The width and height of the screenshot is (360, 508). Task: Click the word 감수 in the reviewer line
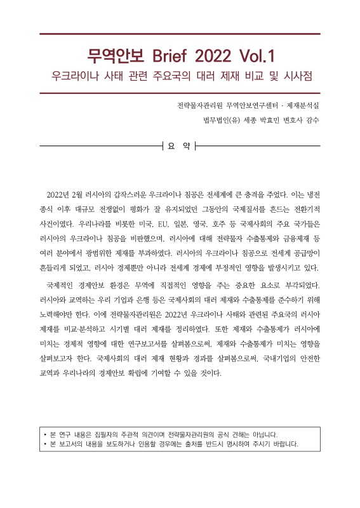(x=310, y=119)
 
